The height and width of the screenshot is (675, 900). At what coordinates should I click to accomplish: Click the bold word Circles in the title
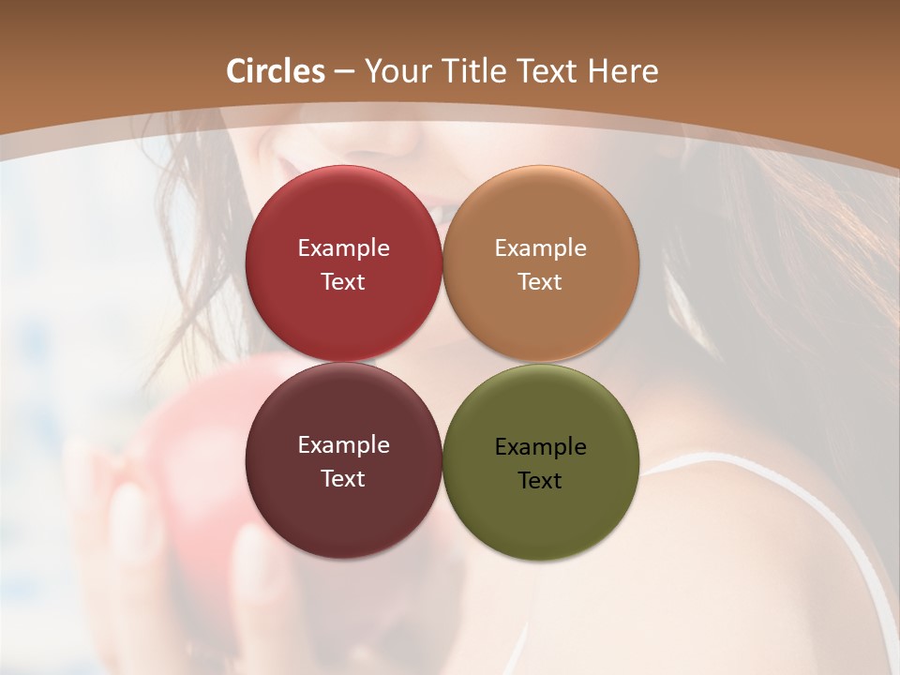(x=275, y=71)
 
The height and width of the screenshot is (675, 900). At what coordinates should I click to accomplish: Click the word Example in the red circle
(x=343, y=248)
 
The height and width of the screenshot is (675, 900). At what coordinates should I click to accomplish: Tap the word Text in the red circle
(x=343, y=282)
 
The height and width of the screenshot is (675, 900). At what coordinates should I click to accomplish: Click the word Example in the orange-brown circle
(x=541, y=248)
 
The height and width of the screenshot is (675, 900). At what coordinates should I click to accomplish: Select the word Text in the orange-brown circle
(x=541, y=282)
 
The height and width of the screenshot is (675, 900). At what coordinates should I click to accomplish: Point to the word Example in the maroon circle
(x=343, y=445)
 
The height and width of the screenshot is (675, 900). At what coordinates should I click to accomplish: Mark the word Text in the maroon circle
(x=343, y=479)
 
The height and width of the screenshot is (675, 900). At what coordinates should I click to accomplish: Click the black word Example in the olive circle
(x=541, y=447)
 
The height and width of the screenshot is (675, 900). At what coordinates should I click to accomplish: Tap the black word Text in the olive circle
(x=541, y=481)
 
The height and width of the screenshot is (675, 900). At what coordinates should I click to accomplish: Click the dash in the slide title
(x=344, y=72)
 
